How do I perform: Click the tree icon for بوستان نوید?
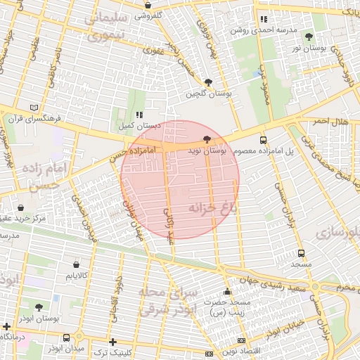[207, 140]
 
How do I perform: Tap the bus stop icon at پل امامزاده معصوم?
[263, 140]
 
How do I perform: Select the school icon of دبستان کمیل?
[139, 114]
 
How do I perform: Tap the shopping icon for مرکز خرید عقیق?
[20, 208]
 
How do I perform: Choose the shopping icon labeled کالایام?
[76, 264]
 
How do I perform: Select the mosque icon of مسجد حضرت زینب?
[227, 291]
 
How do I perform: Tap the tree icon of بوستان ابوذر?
[39, 307]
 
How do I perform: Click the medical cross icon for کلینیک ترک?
[112, 341]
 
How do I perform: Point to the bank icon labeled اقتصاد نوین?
[209, 353]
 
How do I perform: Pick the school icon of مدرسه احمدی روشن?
[264, 20]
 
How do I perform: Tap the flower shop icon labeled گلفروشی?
[148, 3]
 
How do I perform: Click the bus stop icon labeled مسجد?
[302, 253]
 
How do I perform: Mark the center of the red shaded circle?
[180, 179]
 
